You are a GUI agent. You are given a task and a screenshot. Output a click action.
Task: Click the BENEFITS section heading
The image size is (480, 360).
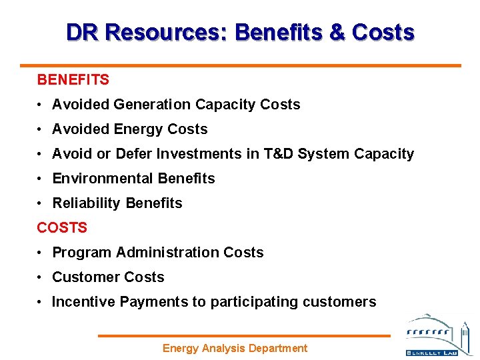(x=73, y=80)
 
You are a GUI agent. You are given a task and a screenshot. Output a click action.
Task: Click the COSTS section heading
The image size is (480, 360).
(x=62, y=228)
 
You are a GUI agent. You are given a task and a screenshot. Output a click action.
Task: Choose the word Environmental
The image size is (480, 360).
(x=103, y=179)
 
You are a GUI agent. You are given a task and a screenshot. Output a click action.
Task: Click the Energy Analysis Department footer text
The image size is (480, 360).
(x=235, y=348)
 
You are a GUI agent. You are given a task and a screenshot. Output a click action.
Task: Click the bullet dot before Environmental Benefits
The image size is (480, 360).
(x=41, y=179)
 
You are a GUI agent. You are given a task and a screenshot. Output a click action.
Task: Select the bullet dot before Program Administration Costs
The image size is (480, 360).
(x=41, y=253)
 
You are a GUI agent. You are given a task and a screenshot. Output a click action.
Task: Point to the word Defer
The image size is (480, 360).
(x=134, y=154)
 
